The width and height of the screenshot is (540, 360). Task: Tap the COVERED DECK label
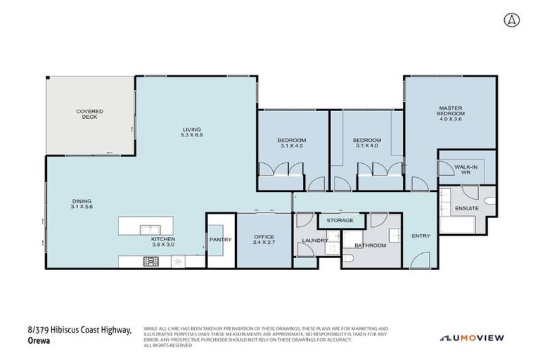click(x=90, y=114)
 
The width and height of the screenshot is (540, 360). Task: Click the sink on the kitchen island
click(x=149, y=229)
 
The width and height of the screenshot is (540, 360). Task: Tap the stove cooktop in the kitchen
click(x=151, y=262)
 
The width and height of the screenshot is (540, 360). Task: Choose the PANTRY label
click(x=220, y=240)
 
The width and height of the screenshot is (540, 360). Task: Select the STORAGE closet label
click(x=340, y=221)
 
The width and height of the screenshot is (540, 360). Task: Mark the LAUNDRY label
click(x=314, y=240)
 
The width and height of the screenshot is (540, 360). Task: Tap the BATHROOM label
click(x=370, y=245)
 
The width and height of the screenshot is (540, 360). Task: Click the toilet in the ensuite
click(x=490, y=200)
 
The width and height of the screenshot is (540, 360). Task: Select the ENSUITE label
click(x=466, y=209)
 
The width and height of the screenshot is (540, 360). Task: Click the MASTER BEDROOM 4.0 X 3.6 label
click(x=451, y=113)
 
